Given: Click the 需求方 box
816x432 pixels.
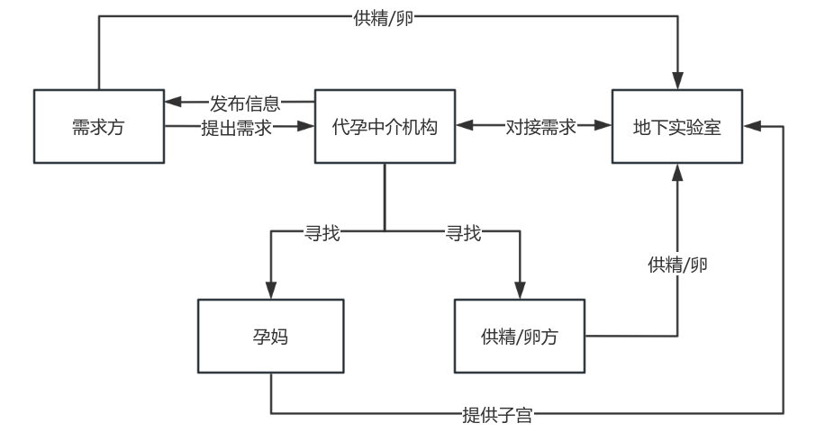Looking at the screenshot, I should pos(98,127).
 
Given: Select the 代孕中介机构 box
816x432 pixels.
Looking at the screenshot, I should pos(385,127).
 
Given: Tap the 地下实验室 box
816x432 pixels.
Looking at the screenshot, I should pos(677,127).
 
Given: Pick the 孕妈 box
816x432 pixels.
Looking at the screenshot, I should pos(270,337).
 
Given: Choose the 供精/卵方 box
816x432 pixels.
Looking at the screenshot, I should pos(520,337).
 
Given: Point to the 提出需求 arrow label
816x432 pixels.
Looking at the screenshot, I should pos(236,128).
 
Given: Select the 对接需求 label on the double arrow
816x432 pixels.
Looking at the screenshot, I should pos(540,127).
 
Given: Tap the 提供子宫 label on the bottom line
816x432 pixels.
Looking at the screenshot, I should pos(497,415).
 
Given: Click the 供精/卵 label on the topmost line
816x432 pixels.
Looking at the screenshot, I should pos(384,18).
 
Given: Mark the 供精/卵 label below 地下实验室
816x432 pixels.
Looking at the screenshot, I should pos(677,265).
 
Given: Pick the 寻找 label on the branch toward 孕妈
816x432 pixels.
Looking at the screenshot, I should pos(322,234).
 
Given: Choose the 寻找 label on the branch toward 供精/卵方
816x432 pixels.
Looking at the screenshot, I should pos(464,234).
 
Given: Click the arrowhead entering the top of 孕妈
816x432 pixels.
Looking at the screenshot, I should pos(270,292).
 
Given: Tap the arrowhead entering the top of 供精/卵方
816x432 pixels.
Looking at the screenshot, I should pos(520,292).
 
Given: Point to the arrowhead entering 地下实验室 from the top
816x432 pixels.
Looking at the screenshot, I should pos(677,82).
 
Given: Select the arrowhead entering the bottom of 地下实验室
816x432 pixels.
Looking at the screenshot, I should pos(677,172).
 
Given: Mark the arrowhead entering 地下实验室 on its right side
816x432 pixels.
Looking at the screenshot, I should pos(751,127).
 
